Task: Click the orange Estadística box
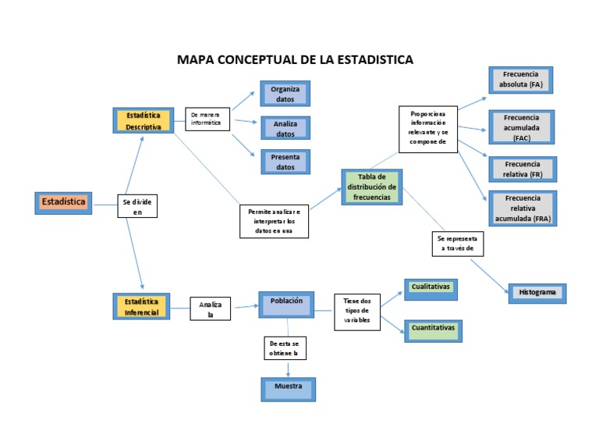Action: (63, 202)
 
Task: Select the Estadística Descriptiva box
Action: (144, 121)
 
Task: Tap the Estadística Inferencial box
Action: (142, 306)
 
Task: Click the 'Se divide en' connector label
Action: (137, 206)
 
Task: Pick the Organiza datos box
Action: (285, 94)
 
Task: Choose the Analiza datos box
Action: (285, 128)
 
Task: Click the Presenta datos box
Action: (285, 162)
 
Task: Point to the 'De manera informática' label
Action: (207, 119)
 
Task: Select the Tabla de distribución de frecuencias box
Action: (372, 187)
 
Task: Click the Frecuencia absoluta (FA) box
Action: (521, 79)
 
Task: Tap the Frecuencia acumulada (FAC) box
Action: (522, 127)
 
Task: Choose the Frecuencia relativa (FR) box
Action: (522, 169)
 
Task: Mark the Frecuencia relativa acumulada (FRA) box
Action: (522, 208)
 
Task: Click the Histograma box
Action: (537, 293)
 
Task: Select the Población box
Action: (286, 304)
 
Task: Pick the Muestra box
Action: (288, 388)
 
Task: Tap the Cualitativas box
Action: (431, 289)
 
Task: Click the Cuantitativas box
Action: (433, 330)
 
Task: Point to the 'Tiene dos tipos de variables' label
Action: (357, 312)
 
